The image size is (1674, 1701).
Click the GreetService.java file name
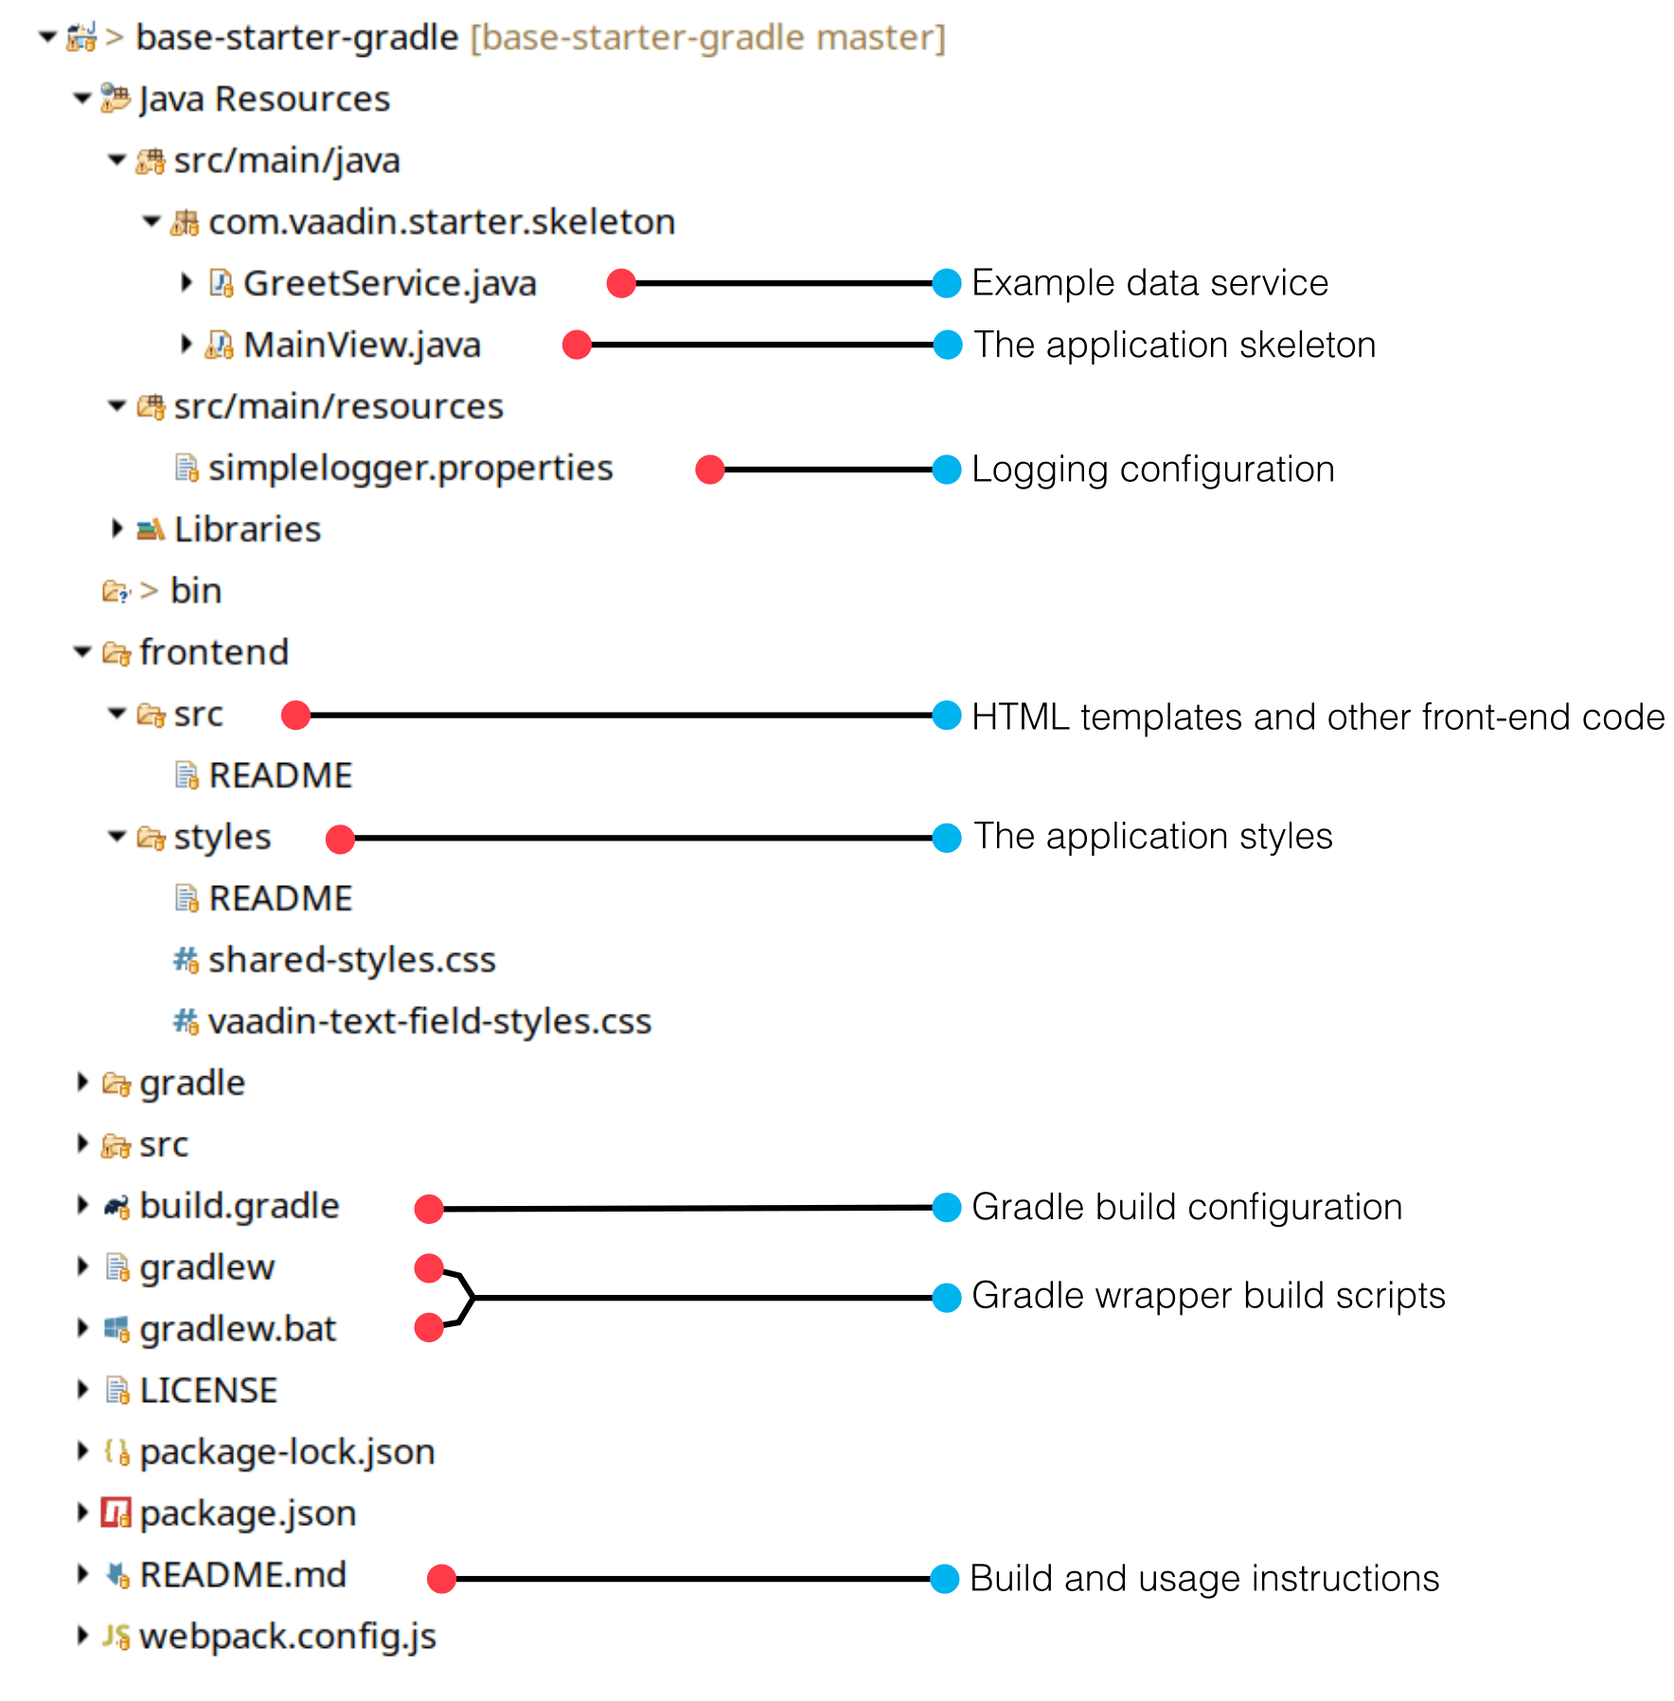[x=389, y=283]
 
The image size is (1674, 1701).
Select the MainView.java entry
[x=362, y=345]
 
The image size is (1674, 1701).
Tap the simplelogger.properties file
[x=410, y=468]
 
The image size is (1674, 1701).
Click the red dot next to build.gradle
[x=429, y=1208]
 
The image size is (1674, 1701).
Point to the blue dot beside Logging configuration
[x=946, y=470]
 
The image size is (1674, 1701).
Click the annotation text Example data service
[x=1149, y=283]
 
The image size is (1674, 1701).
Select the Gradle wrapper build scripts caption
[x=1208, y=1295]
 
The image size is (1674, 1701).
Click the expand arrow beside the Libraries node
[x=116, y=528]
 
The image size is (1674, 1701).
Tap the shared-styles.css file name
[x=351, y=960]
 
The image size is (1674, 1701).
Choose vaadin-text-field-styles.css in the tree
[x=429, y=1021]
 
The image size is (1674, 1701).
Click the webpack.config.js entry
[x=287, y=1637]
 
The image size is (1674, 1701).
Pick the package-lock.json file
[x=287, y=1452]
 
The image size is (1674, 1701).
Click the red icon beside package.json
[x=116, y=1513]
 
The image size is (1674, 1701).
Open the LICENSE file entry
[x=208, y=1391]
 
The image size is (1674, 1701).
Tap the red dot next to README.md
[x=441, y=1578]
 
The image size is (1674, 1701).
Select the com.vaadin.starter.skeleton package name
[x=441, y=221]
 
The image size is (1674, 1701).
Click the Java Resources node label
[x=264, y=98]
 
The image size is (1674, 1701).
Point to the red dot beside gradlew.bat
[x=429, y=1327]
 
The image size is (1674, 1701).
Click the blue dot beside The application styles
[x=946, y=838]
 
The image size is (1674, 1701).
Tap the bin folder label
[x=196, y=591]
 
